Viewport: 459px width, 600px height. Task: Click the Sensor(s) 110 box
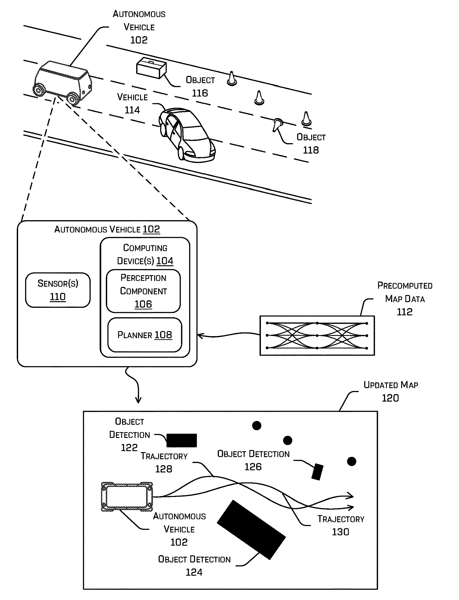click(x=58, y=290)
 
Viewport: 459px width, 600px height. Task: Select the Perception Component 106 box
click(x=143, y=291)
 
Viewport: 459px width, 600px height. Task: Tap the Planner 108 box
click(x=144, y=335)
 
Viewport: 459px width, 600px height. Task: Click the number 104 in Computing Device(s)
click(x=165, y=261)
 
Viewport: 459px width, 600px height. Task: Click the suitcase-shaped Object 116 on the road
click(x=151, y=68)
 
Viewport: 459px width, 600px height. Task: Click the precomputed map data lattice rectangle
click(x=317, y=335)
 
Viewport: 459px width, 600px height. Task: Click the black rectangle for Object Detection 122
click(x=181, y=440)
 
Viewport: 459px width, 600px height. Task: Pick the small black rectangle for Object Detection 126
click(x=317, y=471)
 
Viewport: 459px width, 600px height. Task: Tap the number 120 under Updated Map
click(x=390, y=398)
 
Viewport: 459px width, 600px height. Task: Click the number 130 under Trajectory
click(x=340, y=532)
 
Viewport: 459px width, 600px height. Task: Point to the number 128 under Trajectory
click(x=163, y=469)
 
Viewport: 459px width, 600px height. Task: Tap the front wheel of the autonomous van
click(x=73, y=99)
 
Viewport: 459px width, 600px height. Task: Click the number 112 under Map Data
click(x=404, y=312)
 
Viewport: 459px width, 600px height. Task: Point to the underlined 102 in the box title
click(x=151, y=229)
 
